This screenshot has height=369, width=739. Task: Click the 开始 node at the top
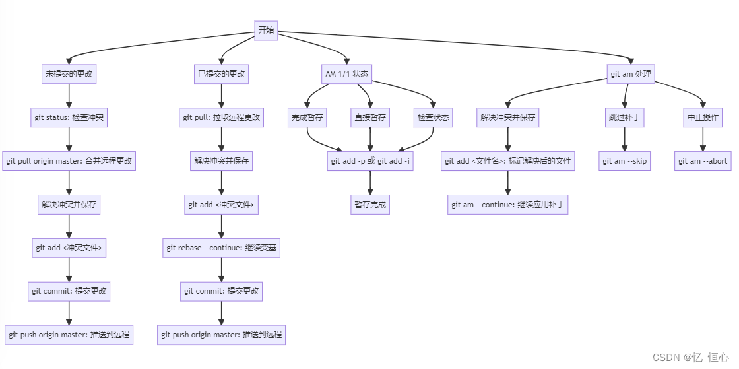[x=267, y=30]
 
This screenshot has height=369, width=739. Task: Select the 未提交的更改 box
[x=69, y=74]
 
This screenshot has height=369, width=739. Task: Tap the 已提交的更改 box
[x=222, y=74]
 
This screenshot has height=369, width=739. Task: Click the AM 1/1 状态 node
[x=347, y=74]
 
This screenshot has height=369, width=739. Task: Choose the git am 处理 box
[x=631, y=74]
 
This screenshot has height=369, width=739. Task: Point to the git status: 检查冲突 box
[x=69, y=118]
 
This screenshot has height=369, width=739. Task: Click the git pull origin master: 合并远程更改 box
[x=69, y=161]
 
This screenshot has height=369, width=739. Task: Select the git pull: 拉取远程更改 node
[x=222, y=118]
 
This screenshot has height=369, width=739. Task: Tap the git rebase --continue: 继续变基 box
[x=222, y=248]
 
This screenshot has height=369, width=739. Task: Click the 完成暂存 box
[x=307, y=117]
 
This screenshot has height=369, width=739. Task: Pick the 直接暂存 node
[x=370, y=117]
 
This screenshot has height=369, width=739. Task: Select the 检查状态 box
[x=433, y=117]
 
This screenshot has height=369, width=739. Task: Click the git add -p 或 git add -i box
[x=370, y=161]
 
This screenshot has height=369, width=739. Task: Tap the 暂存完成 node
[x=369, y=205]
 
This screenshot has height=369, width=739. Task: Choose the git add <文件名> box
[x=508, y=161]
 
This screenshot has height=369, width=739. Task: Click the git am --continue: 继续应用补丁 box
[x=508, y=205]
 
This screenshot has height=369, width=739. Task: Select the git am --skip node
[x=625, y=161]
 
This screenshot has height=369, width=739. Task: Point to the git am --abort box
[x=703, y=161]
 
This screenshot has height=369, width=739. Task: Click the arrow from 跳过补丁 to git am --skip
[x=625, y=139]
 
